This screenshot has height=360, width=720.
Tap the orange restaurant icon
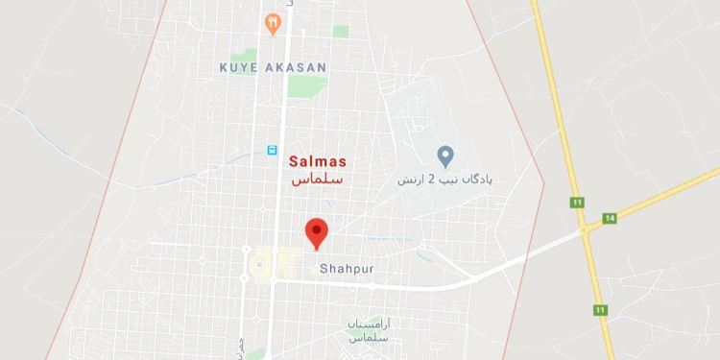click(x=274, y=23)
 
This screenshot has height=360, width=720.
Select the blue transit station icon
click(x=273, y=151)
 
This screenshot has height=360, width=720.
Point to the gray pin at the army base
click(x=444, y=155)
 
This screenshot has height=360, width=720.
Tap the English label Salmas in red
click(x=317, y=162)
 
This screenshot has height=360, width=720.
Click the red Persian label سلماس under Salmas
click(x=317, y=180)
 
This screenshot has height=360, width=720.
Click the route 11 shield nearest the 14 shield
click(x=577, y=203)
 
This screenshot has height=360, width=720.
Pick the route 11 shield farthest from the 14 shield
click(x=601, y=310)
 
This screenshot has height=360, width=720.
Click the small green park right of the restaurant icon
click(x=341, y=31)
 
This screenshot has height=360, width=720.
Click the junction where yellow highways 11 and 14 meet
click(x=585, y=229)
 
